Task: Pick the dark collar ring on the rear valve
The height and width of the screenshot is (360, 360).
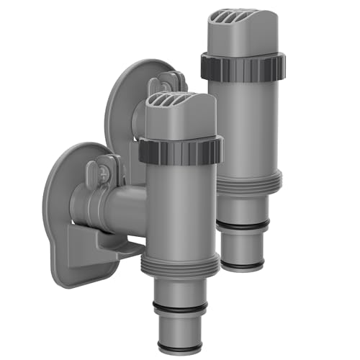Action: coord(240,66)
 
